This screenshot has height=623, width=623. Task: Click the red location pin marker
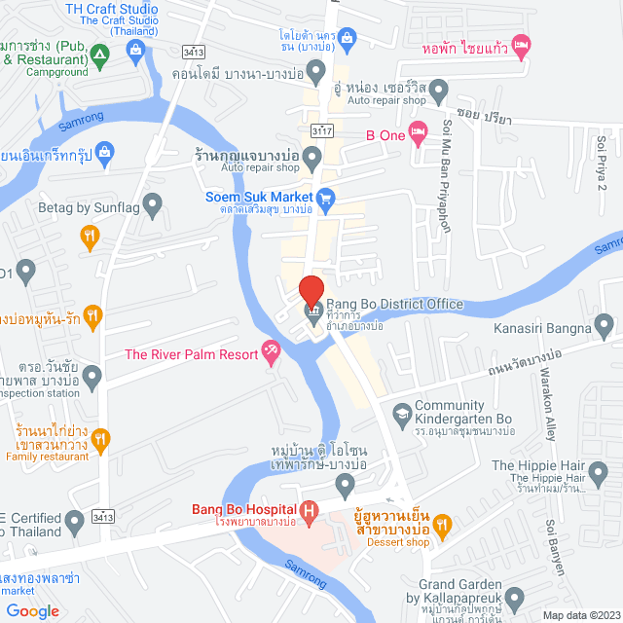[x=311, y=289]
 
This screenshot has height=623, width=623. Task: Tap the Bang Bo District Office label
[x=394, y=304]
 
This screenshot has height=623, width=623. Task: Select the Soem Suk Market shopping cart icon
[x=327, y=196]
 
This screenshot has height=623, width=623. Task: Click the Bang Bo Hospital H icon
[x=310, y=508]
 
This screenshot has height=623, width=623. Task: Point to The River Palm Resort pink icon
[x=272, y=353]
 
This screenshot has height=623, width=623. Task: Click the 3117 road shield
[x=320, y=129]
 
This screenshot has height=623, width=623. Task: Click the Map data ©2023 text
[x=580, y=614]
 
